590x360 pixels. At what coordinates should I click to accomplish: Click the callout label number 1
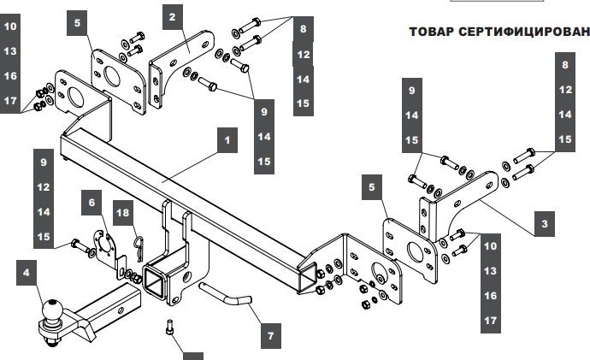[226, 139]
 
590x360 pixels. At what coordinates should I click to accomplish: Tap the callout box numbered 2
[172, 17]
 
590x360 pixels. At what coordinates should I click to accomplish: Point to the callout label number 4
[27, 274]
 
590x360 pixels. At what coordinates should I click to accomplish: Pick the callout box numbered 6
[90, 203]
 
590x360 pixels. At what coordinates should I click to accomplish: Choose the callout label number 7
[270, 335]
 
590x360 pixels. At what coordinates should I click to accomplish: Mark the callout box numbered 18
[123, 213]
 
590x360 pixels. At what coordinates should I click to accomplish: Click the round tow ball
[52, 310]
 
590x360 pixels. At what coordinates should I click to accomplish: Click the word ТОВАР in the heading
[434, 32]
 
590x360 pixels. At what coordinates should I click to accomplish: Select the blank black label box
[194, 354]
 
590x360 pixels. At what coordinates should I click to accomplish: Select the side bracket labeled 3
[462, 201]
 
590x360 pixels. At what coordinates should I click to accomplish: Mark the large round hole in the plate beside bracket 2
[112, 74]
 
